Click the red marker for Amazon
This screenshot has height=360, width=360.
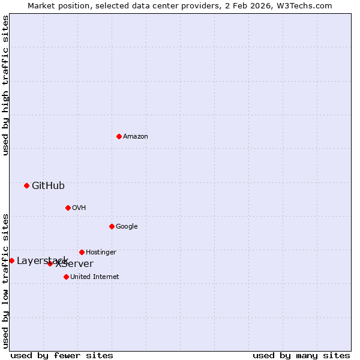pyautogui.click(x=119, y=136)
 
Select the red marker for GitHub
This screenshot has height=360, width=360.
pyautogui.click(x=26, y=185)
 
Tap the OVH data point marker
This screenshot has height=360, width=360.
pyautogui.click(x=68, y=208)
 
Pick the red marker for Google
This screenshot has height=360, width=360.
pyautogui.click(x=112, y=226)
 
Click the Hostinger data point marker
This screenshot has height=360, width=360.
pyautogui.click(x=82, y=252)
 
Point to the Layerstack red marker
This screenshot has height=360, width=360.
pyautogui.click(x=11, y=260)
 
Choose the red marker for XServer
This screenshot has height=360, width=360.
pyautogui.click(x=50, y=263)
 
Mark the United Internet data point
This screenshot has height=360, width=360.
pyautogui.click(x=66, y=277)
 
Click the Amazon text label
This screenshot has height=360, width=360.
pyautogui.click(x=136, y=137)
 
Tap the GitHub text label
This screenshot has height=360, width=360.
pyautogui.click(x=48, y=185)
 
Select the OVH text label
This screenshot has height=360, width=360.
pyautogui.click(x=79, y=208)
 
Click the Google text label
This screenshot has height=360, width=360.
pyautogui.click(x=127, y=227)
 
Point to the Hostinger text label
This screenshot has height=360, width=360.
pyautogui.click(x=101, y=253)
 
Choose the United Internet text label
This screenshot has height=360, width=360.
pyautogui.click(x=95, y=277)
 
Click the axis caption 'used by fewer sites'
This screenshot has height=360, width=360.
pyautogui.click(x=62, y=355)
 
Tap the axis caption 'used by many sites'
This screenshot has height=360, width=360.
pyautogui.click(x=301, y=355)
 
